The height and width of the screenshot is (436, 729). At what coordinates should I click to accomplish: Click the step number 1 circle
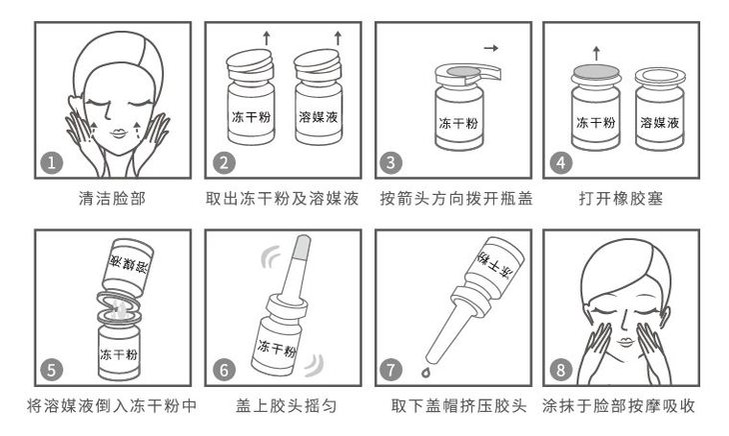point(51,162)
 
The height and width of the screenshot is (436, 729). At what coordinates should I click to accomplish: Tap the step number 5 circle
point(51,370)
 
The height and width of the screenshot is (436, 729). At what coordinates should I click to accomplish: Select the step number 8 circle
point(560,370)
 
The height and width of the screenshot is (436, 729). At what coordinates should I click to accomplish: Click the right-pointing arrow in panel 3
point(491,47)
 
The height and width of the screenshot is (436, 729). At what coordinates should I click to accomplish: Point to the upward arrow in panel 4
point(596,53)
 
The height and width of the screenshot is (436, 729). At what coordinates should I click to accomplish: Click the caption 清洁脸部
point(112,199)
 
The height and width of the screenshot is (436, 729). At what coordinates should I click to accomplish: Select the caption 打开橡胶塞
point(621,199)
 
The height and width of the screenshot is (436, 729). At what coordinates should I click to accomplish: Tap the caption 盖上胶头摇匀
point(286,406)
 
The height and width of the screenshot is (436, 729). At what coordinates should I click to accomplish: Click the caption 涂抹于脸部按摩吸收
point(618,406)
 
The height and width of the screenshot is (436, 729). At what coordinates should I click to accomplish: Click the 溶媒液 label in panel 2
point(318,116)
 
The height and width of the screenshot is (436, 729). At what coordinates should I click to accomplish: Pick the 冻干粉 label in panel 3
point(458,123)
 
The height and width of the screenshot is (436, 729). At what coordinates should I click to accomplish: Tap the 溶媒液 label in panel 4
point(660,122)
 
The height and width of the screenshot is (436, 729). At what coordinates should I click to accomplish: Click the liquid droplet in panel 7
point(425,372)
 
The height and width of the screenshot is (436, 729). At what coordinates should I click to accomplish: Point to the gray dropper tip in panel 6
point(303,247)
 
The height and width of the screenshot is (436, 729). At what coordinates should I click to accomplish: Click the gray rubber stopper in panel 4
point(596,71)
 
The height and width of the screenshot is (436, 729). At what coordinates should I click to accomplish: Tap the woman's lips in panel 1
point(118,134)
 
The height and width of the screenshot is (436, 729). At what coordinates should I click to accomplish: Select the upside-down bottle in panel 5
point(128,265)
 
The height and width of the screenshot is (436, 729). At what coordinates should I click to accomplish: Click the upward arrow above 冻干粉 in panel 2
point(267,38)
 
